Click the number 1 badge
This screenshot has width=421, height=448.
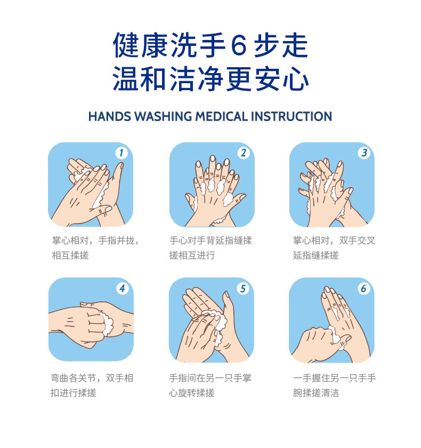click(122, 153)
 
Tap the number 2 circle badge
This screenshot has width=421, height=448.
click(244, 153)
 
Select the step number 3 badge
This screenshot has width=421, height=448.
click(364, 153)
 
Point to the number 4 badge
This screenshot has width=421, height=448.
click(122, 289)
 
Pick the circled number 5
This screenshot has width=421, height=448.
click(243, 289)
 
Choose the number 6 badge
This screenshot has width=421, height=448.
click(363, 289)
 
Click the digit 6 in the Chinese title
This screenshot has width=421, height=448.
click(238, 45)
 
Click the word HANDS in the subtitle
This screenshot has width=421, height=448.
click(110, 117)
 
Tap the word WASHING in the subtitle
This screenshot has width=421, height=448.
click(163, 117)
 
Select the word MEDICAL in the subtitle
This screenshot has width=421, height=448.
click(222, 117)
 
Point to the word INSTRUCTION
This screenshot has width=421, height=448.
click(292, 117)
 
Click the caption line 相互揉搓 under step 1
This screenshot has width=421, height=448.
click(70, 255)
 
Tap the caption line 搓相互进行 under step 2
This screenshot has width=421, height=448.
click(192, 255)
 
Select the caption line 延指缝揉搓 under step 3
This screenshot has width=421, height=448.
click(315, 255)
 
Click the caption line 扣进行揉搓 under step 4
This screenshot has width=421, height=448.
click(74, 393)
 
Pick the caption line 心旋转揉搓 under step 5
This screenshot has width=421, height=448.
click(192, 393)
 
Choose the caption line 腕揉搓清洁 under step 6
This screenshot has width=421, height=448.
click(315, 393)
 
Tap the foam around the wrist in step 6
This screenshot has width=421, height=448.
click(337, 337)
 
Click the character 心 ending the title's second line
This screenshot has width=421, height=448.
click(296, 79)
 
